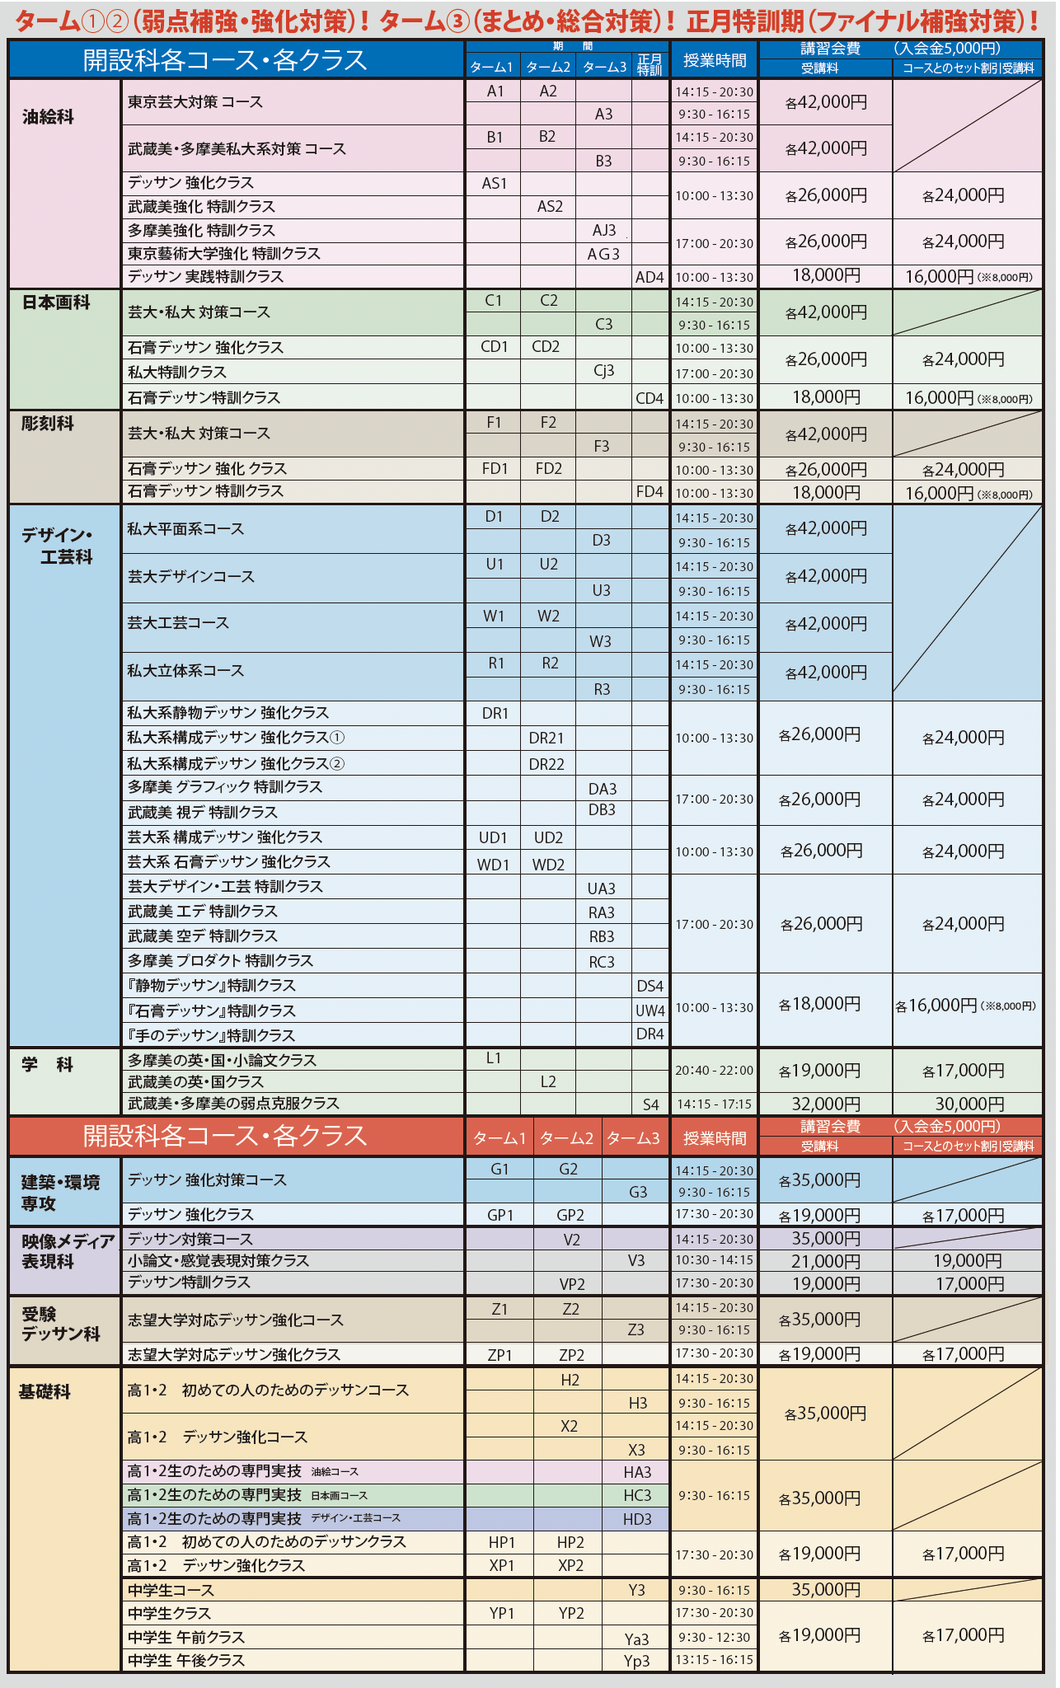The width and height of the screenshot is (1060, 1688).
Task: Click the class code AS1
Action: point(494,184)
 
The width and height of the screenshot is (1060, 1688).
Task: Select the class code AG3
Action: point(603,254)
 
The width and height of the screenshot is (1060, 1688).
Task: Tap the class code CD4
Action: point(650,399)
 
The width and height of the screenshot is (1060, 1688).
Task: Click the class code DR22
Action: point(546,764)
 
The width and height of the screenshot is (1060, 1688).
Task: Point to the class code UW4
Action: point(650,1010)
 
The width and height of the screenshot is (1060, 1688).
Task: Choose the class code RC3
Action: point(602,962)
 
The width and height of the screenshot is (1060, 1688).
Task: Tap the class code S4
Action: point(650,1104)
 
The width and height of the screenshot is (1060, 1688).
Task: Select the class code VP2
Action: point(571,1284)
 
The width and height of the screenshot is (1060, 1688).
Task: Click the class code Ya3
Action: point(636,1639)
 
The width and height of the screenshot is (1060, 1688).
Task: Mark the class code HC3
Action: point(637,1495)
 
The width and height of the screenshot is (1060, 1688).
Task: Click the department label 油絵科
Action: point(49,117)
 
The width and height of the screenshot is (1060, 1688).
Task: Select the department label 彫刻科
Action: point(48,424)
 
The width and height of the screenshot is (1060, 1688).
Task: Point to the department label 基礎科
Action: point(45,1392)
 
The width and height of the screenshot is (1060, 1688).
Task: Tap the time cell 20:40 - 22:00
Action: point(714,1071)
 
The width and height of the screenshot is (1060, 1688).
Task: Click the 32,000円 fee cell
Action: point(826,1104)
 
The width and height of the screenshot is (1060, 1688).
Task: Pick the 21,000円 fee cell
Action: point(826,1261)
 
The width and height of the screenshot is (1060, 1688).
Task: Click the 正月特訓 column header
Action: point(650,65)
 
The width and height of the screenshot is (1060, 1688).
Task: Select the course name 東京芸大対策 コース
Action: point(195,102)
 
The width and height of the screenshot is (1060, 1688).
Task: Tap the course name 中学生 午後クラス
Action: point(186,1660)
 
